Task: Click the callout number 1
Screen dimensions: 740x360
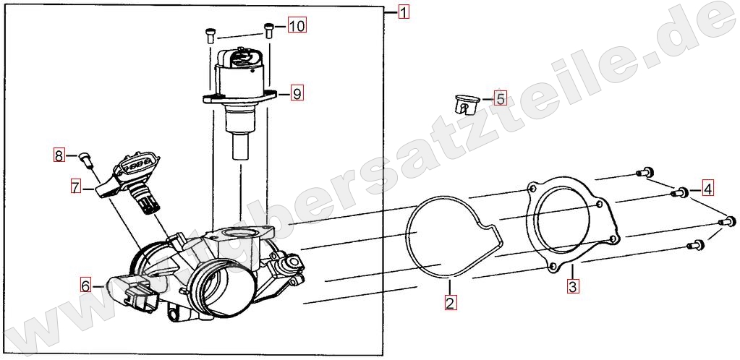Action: [x=404, y=12]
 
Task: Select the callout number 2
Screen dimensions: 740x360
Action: [x=450, y=302]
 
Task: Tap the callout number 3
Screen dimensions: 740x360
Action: [x=572, y=286]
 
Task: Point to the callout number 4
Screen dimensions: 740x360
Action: [x=707, y=189]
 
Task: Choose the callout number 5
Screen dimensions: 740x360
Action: [x=500, y=98]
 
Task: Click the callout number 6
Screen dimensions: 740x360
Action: [x=85, y=286]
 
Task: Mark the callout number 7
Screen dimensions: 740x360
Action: [x=76, y=187]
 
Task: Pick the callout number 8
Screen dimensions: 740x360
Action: [x=59, y=155]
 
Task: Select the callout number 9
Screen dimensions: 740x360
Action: [x=297, y=93]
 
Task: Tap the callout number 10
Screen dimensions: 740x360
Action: [x=297, y=25]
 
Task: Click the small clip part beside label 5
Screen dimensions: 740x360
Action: [x=465, y=104]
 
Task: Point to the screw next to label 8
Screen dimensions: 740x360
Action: [x=85, y=160]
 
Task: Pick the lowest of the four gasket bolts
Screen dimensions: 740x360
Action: [x=696, y=245]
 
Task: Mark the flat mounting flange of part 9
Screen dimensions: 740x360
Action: [x=239, y=98]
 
